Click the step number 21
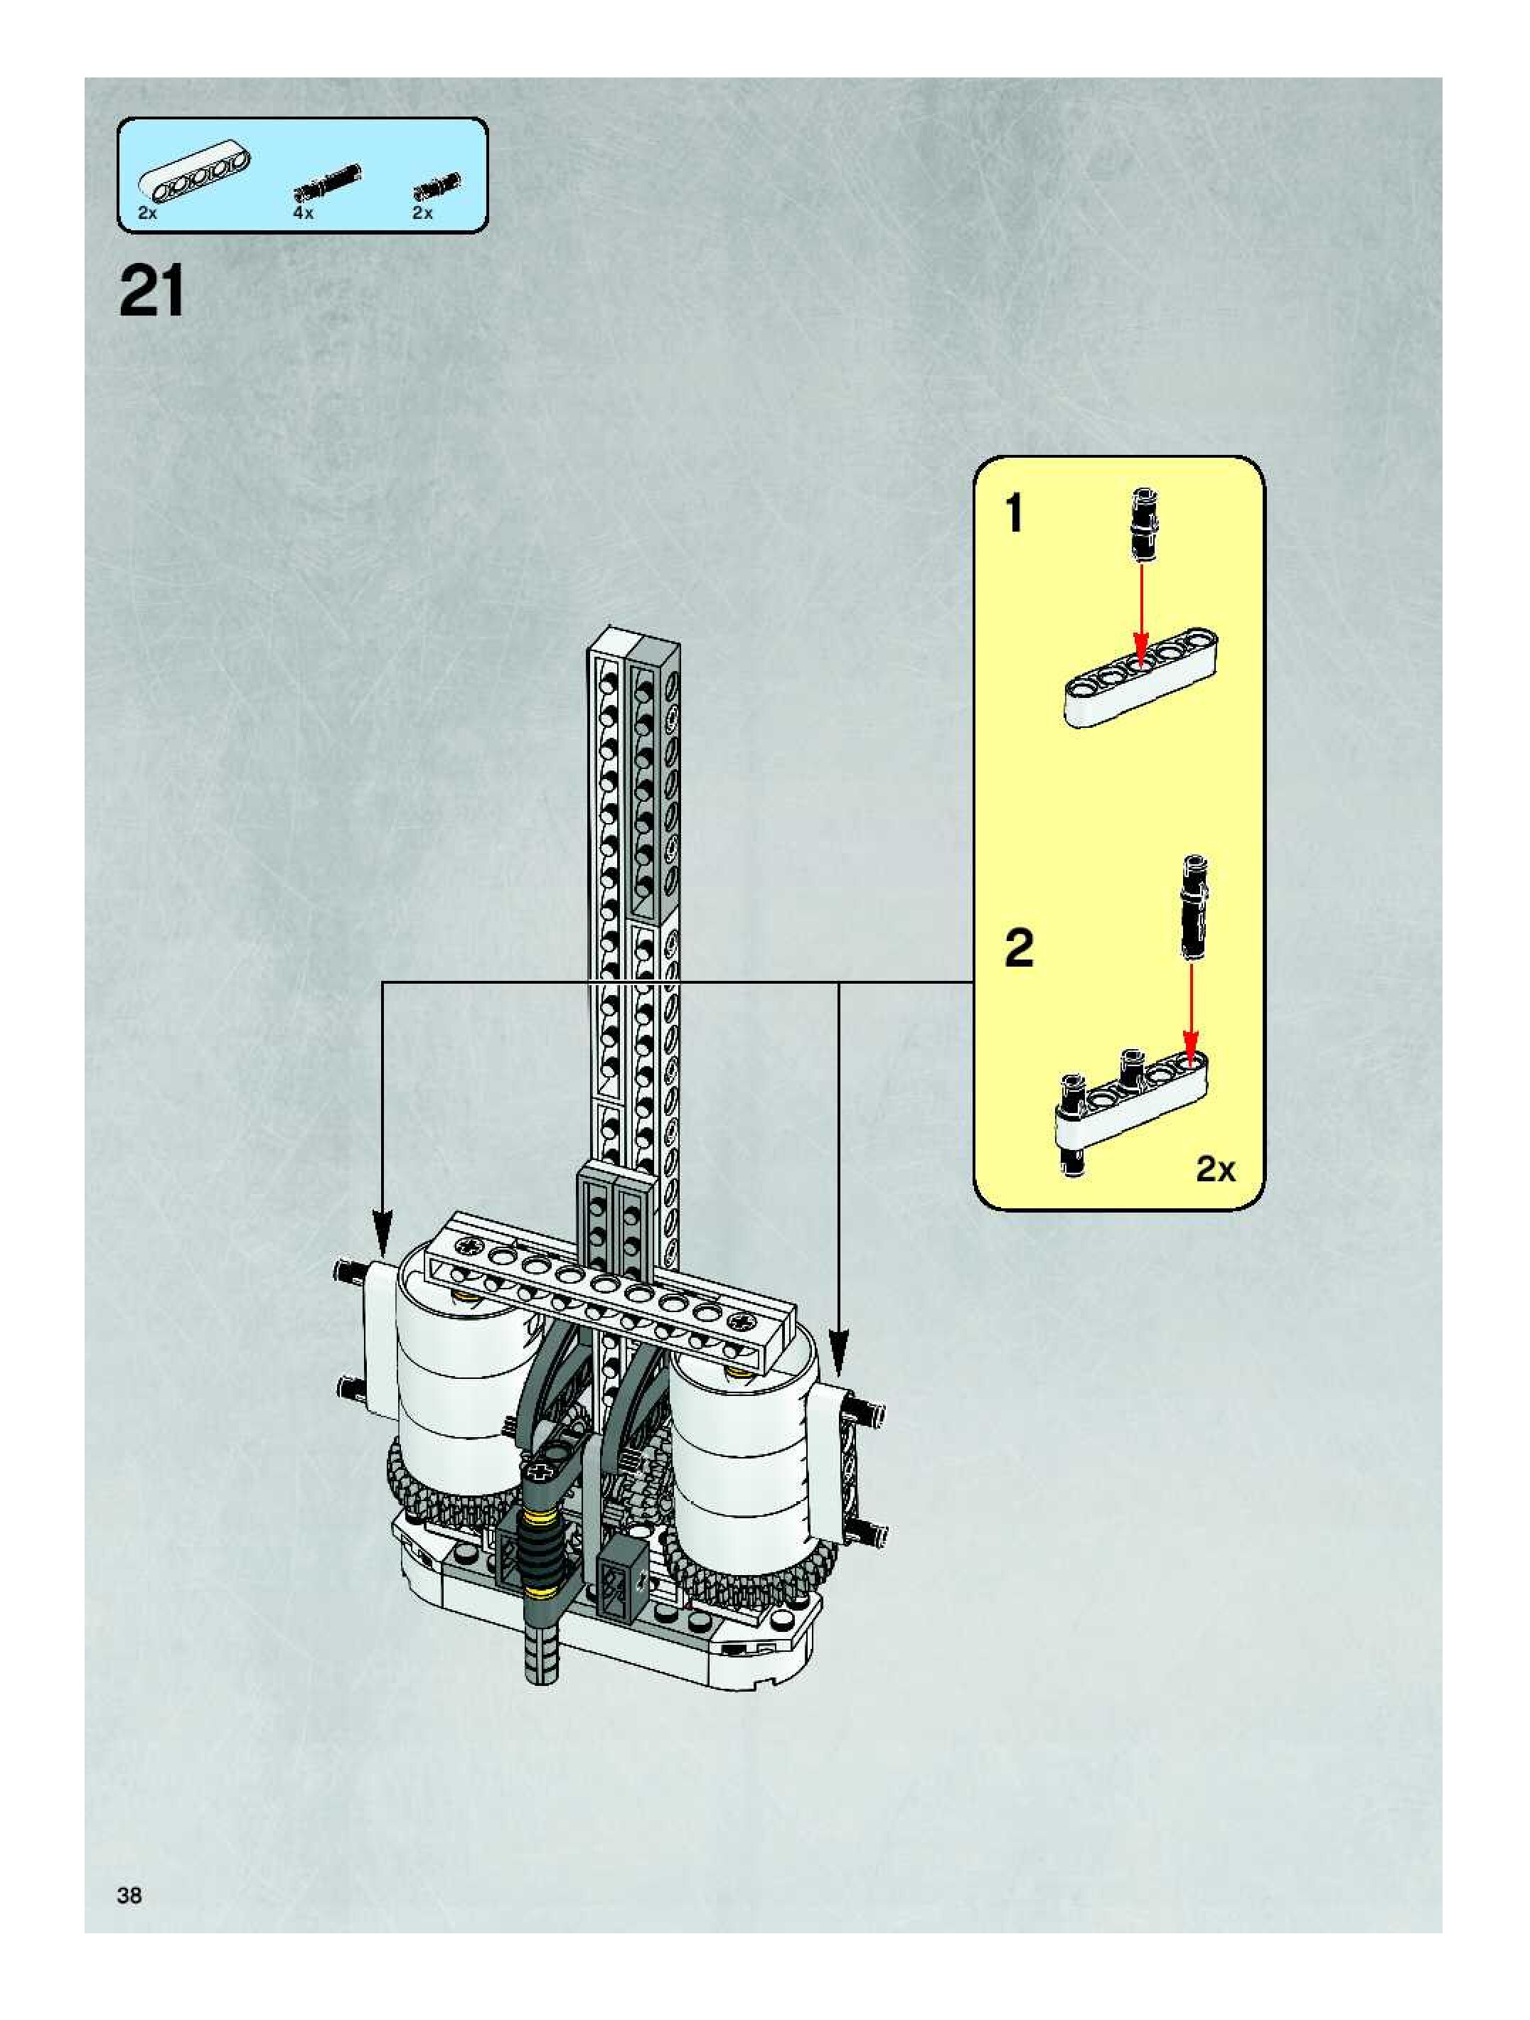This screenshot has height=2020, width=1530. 151,291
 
